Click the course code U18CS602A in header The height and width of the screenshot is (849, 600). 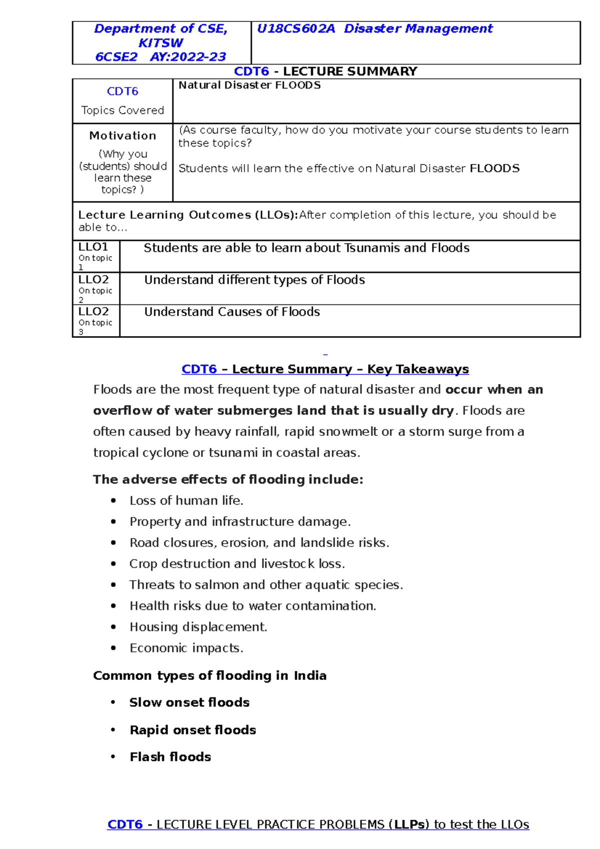(295, 29)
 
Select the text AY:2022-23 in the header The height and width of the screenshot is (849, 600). (188, 57)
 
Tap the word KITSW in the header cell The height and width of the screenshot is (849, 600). (160, 43)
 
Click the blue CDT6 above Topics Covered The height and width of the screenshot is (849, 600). (122, 91)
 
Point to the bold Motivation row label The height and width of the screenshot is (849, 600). (122, 135)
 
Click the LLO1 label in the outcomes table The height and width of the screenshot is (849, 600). (93, 247)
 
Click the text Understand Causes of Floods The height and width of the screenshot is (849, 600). (232, 312)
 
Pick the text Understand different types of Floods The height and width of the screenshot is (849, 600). (254, 280)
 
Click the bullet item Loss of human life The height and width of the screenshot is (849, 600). (186, 500)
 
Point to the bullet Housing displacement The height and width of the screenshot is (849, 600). (198, 627)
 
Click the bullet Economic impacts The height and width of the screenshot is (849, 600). (186, 648)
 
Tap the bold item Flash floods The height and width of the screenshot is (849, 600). (170, 757)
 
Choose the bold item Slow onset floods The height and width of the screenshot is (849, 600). (189, 702)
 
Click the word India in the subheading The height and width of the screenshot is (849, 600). (310, 675)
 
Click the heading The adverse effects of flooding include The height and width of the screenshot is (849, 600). (228, 479)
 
